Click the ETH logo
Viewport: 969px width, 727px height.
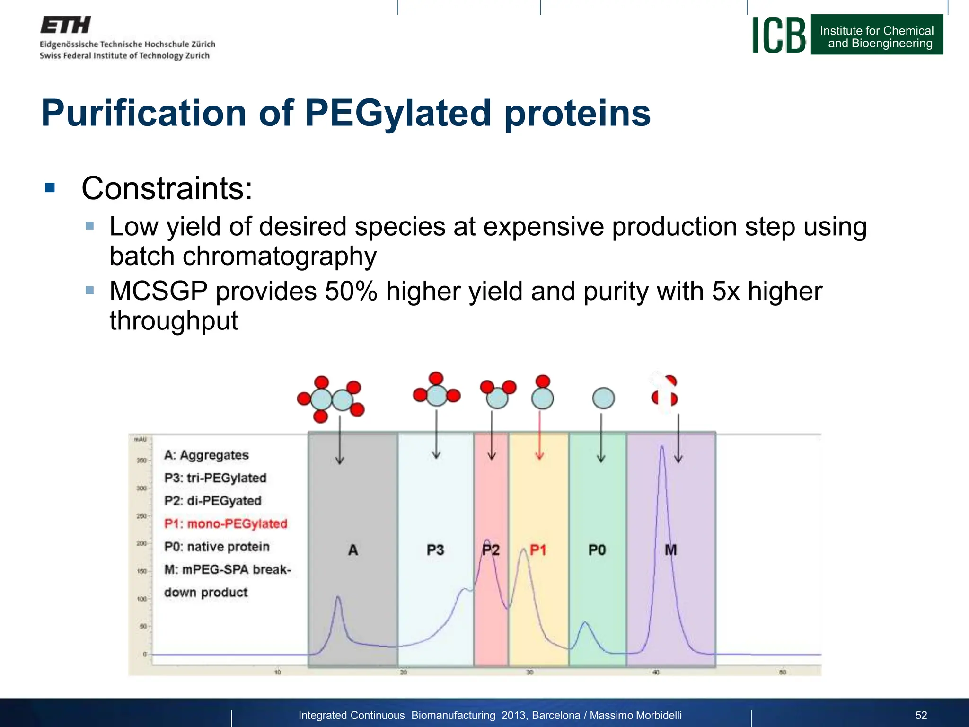pyautogui.click(x=65, y=25)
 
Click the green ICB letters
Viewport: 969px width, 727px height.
pyautogui.click(x=779, y=35)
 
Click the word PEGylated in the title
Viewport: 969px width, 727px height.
pyautogui.click(x=398, y=113)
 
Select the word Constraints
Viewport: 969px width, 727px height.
pyautogui.click(x=167, y=188)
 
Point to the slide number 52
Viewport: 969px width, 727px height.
pyautogui.click(x=921, y=715)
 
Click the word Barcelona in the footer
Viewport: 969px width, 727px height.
pyautogui.click(x=556, y=715)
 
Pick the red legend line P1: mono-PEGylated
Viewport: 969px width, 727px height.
pyautogui.click(x=226, y=523)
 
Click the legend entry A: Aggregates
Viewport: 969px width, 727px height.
pyautogui.click(x=206, y=455)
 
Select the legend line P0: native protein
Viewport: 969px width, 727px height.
pyautogui.click(x=217, y=547)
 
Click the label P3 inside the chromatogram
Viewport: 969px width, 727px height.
pyautogui.click(x=435, y=550)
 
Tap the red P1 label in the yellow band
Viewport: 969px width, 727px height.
pyautogui.click(x=538, y=550)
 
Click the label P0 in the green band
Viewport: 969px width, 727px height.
pyautogui.click(x=597, y=550)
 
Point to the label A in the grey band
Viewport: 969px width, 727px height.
pyautogui.click(x=353, y=550)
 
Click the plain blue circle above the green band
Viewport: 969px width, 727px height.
pyautogui.click(x=603, y=398)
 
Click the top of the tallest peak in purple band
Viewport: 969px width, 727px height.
pyautogui.click(x=662, y=447)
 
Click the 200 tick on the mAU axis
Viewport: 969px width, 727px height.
pyautogui.click(x=141, y=543)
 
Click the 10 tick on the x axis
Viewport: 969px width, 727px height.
pyautogui.click(x=278, y=672)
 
